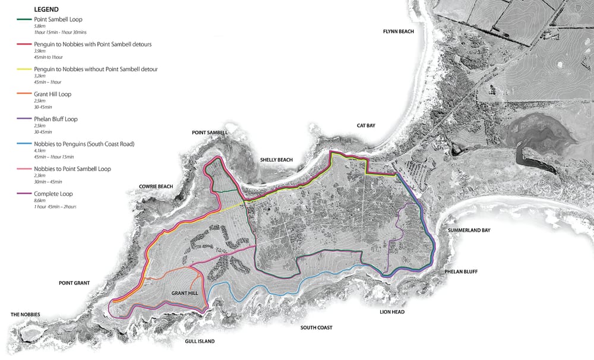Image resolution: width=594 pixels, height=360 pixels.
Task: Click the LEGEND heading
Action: point(46,10)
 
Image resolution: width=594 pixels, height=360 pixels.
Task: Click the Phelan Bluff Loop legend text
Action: point(56,119)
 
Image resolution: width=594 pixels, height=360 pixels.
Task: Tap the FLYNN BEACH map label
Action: point(398,31)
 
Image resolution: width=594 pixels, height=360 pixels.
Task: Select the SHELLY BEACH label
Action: point(276,160)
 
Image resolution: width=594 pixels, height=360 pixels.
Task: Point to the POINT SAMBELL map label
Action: point(209,132)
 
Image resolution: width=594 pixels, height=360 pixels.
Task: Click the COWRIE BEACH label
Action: point(156,187)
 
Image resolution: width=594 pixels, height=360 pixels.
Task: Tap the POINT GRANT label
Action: point(74,283)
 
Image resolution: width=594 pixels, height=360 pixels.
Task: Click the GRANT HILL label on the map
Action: point(185,293)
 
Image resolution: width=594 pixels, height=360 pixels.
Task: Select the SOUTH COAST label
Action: point(316,327)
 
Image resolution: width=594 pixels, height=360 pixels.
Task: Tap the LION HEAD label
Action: point(392,311)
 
